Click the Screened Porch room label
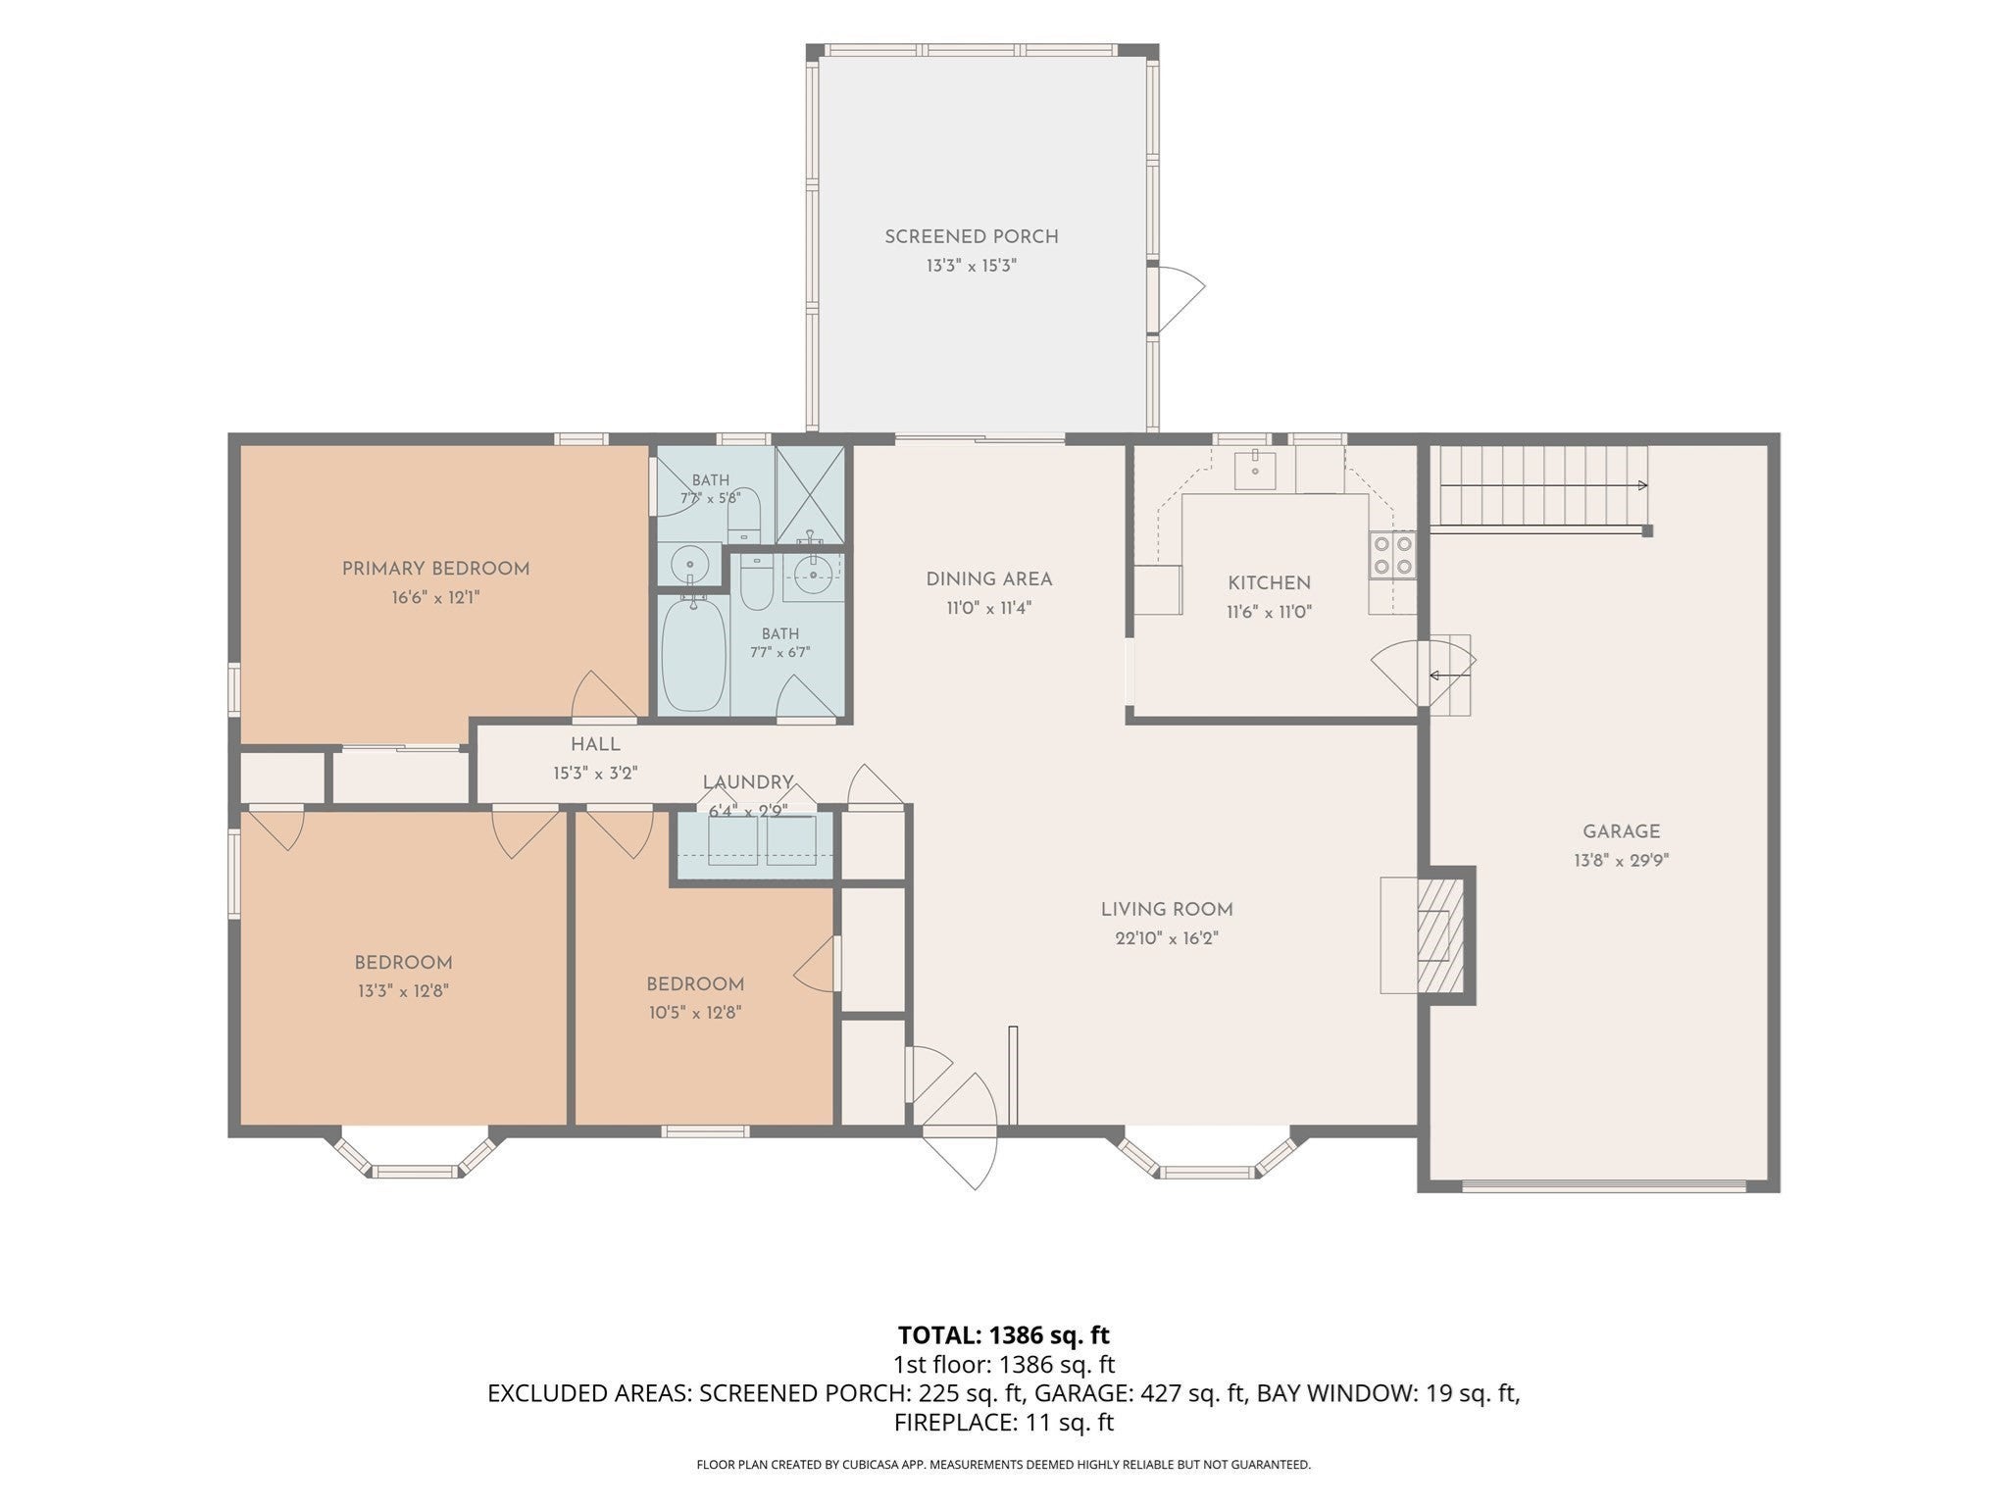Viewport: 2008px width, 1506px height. click(972, 236)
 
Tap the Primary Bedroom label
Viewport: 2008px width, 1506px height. click(435, 569)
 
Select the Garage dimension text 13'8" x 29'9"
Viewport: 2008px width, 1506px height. click(1622, 861)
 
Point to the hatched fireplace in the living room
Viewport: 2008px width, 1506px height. click(1440, 935)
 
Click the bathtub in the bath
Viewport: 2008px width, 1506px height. click(693, 654)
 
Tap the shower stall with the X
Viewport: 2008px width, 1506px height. click(810, 495)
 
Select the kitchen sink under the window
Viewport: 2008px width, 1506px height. click(1255, 469)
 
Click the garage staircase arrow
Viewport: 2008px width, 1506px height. click(1543, 485)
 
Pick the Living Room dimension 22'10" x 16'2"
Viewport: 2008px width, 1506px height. click(1167, 938)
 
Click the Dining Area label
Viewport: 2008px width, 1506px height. click(989, 579)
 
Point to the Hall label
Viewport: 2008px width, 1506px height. click(596, 745)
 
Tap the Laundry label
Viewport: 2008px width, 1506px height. click(748, 782)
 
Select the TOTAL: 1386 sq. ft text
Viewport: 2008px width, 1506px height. click(1004, 1334)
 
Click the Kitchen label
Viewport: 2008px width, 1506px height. click(1270, 583)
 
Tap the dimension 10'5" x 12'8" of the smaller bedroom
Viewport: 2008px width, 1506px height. click(695, 1013)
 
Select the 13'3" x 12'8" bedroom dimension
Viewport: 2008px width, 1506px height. click(403, 991)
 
